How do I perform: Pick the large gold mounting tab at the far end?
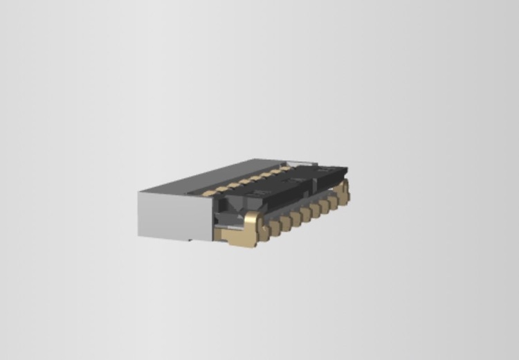[x=344, y=190]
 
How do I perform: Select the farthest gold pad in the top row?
[x=284, y=168]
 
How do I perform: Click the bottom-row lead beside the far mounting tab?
[x=333, y=201]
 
